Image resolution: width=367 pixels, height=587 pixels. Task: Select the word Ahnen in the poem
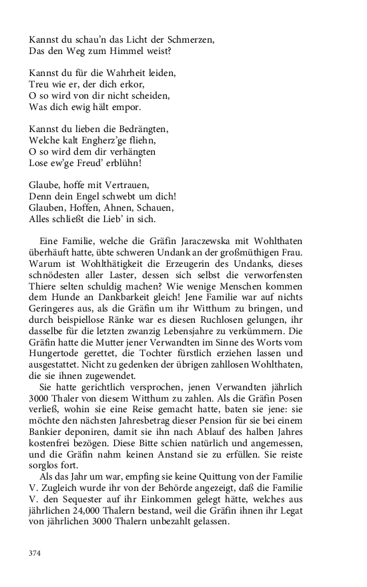click(x=130, y=208)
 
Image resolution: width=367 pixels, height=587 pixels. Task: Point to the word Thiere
click(x=44, y=278)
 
